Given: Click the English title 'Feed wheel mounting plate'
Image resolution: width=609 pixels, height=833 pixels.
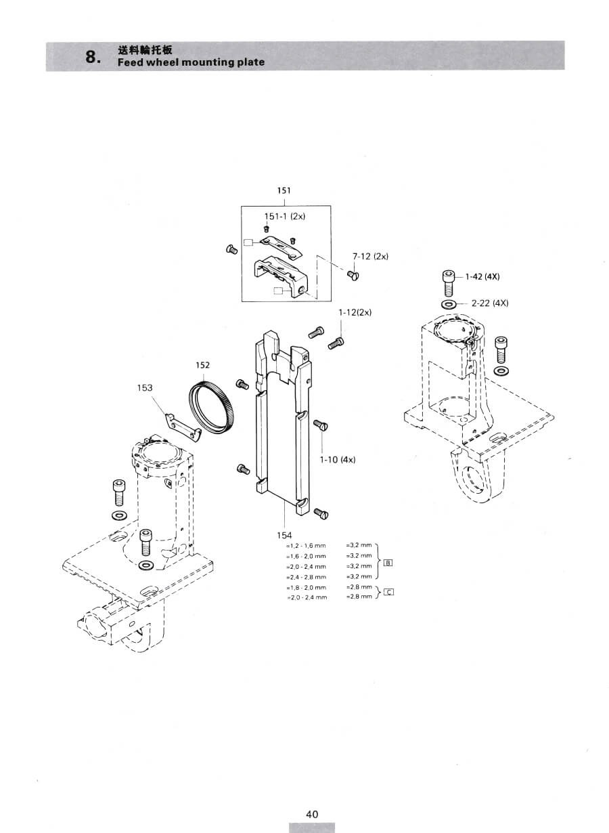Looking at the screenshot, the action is [x=191, y=62].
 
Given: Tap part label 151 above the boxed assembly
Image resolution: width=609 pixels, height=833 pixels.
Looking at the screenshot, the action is [x=284, y=191].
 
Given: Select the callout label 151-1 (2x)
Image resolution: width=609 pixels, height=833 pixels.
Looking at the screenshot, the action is [x=285, y=217].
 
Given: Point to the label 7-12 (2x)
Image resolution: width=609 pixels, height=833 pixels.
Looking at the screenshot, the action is [x=370, y=256].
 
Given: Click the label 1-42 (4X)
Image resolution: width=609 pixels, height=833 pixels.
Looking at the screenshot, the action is [x=482, y=277].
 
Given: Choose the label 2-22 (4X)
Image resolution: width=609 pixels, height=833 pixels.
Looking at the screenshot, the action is [x=490, y=303].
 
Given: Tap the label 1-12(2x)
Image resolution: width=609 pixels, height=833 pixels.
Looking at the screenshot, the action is [x=355, y=312].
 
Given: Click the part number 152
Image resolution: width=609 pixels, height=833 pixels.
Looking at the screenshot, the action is [x=202, y=365].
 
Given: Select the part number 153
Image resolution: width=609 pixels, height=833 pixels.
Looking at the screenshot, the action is [x=145, y=388].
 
